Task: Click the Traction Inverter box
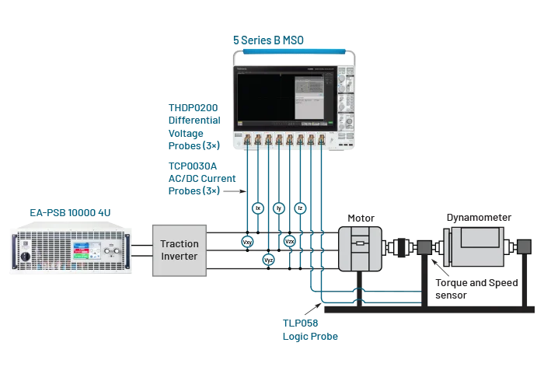tap(180, 250)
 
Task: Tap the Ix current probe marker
tap(259, 208)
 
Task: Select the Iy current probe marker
tap(280, 208)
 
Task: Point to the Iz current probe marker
tap(301, 208)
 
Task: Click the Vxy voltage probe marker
tap(248, 242)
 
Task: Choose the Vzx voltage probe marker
tap(290, 242)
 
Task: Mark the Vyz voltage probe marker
tap(269, 260)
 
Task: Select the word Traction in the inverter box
tap(180, 243)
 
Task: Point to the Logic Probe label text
tap(312, 337)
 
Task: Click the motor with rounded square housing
tap(360, 248)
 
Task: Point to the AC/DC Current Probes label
tap(198, 177)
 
